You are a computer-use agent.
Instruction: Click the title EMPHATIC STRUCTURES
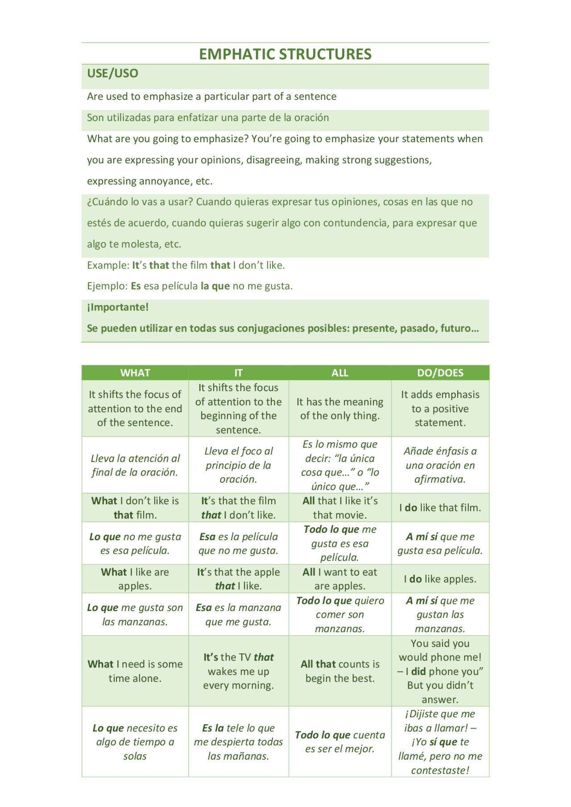(x=285, y=54)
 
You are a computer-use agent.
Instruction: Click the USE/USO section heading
(x=112, y=74)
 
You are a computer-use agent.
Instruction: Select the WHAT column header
(x=135, y=373)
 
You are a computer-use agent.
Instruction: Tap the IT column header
(x=239, y=373)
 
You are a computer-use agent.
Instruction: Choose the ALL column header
(x=340, y=373)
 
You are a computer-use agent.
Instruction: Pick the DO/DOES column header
(x=440, y=373)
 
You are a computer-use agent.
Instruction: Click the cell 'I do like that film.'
(x=440, y=508)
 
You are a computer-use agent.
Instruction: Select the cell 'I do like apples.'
(x=440, y=579)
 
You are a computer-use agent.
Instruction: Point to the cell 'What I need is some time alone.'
(x=135, y=671)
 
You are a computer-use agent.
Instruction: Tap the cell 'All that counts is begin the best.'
(x=340, y=671)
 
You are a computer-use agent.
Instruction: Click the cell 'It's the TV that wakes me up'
(x=239, y=671)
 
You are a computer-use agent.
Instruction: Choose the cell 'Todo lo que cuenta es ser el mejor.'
(x=340, y=742)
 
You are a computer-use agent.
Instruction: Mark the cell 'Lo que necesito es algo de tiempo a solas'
(x=135, y=742)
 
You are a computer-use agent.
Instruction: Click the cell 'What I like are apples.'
(x=135, y=579)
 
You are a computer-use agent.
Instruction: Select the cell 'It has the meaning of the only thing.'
(x=340, y=409)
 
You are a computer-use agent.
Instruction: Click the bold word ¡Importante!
(x=118, y=307)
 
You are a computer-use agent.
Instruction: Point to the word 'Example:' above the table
(x=108, y=265)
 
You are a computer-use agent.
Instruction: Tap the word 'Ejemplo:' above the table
(x=108, y=286)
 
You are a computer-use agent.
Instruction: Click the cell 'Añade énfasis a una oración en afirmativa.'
(x=440, y=465)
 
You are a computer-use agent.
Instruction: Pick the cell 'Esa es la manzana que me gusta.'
(x=239, y=614)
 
